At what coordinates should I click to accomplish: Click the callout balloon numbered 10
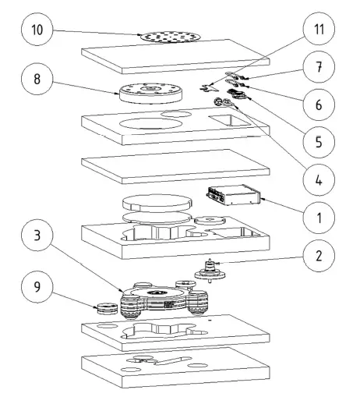(37, 30)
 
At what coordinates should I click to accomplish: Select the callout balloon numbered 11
(319, 29)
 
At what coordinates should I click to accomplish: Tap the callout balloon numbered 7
(319, 67)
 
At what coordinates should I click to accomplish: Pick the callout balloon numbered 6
(319, 105)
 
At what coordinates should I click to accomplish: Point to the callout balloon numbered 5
(319, 142)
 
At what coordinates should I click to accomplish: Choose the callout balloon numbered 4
(319, 179)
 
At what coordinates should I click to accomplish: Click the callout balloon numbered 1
(319, 218)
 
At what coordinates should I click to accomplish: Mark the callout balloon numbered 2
(319, 256)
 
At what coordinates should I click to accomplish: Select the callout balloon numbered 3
(37, 235)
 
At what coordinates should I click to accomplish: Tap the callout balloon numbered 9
(37, 286)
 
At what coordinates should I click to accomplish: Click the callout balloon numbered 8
(37, 79)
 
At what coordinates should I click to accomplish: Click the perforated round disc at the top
(171, 37)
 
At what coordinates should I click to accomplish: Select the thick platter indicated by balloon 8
(150, 93)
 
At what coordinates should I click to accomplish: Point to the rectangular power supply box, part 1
(234, 195)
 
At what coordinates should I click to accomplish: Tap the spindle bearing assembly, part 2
(210, 271)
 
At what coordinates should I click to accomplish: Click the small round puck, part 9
(107, 308)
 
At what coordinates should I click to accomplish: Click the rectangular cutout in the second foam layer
(229, 120)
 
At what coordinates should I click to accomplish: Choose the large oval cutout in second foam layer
(150, 124)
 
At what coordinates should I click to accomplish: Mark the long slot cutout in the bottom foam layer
(171, 360)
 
